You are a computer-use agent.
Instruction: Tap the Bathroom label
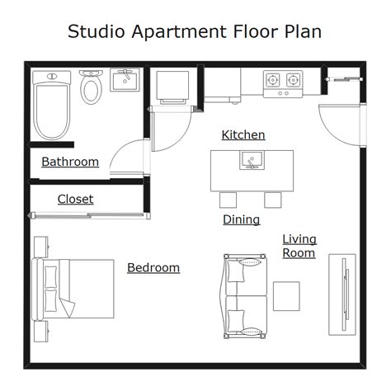click(70, 162)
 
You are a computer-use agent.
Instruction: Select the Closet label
click(75, 200)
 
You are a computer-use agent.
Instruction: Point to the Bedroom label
click(153, 268)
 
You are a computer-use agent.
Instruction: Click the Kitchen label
click(243, 135)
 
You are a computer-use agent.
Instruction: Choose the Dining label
click(241, 219)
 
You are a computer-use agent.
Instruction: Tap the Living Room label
click(299, 246)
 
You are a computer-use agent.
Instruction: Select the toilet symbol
click(91, 86)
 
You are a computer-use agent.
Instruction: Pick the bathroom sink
click(125, 81)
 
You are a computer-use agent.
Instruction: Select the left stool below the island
click(228, 200)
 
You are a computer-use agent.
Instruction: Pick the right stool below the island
click(273, 200)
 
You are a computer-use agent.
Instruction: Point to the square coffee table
click(286, 295)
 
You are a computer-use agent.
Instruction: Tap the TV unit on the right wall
click(341, 294)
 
